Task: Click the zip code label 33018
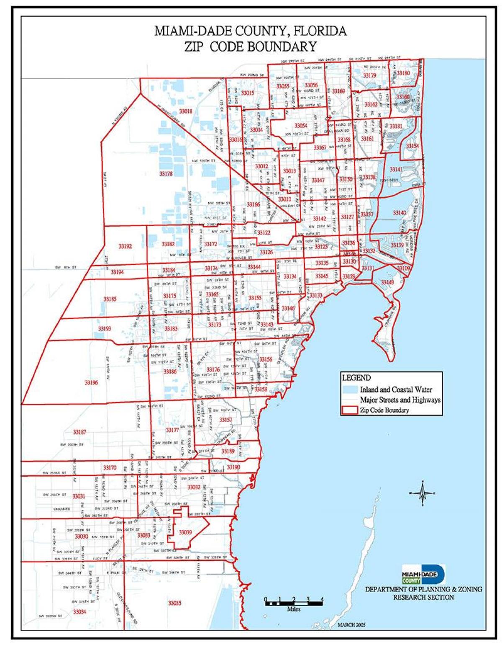tap(186, 111)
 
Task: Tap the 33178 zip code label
tap(166, 173)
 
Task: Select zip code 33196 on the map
tap(91, 382)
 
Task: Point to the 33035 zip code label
tap(174, 603)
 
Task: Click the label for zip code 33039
tap(185, 532)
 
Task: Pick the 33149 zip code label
tap(387, 283)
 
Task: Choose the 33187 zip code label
tap(79, 432)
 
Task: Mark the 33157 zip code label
tap(225, 420)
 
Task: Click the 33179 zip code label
tap(369, 76)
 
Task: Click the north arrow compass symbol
tap(423, 493)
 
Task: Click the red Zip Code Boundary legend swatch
tap(350, 410)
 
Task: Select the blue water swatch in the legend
tap(350, 389)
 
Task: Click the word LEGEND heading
tap(356, 378)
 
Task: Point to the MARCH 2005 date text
tap(351, 625)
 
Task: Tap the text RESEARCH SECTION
tap(423, 597)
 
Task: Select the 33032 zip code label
tap(194, 487)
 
